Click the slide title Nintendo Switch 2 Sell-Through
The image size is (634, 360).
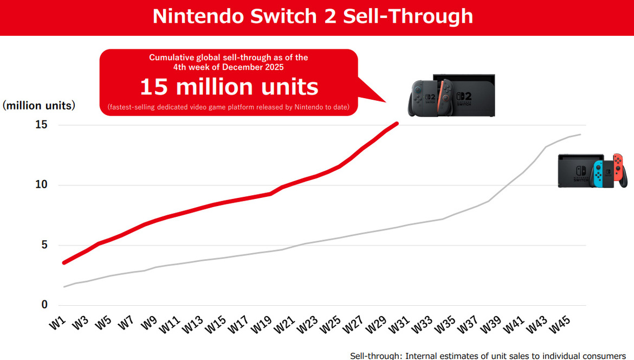[313, 16]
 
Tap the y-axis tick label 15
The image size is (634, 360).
[42, 125]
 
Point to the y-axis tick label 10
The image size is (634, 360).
[42, 185]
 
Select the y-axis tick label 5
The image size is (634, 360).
[44, 245]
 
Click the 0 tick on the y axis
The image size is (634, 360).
[44, 305]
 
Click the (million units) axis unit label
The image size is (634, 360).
[39, 106]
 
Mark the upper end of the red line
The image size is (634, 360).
[397, 124]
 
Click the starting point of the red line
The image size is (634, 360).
[64, 262]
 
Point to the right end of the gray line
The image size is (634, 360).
[580, 134]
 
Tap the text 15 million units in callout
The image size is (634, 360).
[229, 87]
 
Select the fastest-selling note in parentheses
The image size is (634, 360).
[228, 107]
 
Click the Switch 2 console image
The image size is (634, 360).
[451, 95]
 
